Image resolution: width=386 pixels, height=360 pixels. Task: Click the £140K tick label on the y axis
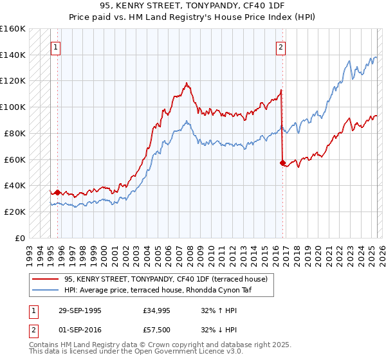click(13, 55)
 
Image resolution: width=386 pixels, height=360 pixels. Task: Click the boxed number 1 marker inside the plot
click(57, 47)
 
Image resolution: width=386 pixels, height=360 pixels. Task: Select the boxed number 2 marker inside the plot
click(281, 47)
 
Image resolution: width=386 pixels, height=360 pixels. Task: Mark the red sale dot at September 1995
click(57, 192)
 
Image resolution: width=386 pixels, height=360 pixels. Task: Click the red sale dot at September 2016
click(282, 163)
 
